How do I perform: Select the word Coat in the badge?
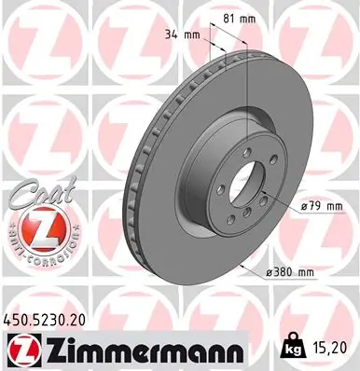[x=37, y=197]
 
